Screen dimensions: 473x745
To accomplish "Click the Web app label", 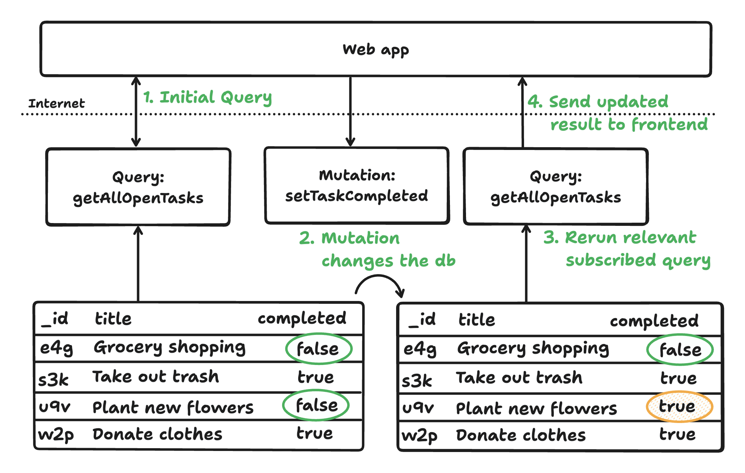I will click(x=375, y=50).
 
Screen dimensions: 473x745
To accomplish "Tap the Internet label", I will click(x=56, y=103).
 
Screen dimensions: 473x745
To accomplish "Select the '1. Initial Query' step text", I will click(x=207, y=97).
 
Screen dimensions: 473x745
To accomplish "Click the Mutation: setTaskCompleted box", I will click(x=357, y=186).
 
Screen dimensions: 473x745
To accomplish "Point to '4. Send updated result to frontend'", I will click(x=617, y=113).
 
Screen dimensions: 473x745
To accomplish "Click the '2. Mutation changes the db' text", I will click(x=378, y=249).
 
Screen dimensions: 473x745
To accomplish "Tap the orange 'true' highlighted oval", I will click(x=679, y=407).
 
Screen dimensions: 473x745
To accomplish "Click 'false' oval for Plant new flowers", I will click(x=316, y=406).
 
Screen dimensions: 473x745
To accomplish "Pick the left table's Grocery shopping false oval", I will click(x=318, y=349).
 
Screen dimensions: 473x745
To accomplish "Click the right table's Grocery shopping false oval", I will click(x=680, y=350).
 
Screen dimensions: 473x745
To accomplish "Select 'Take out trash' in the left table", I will click(x=156, y=377).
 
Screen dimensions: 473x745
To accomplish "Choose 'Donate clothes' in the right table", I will click(x=521, y=435).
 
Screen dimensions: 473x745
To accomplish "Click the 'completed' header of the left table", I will click(x=302, y=318).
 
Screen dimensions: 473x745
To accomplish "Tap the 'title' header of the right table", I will click(x=477, y=320).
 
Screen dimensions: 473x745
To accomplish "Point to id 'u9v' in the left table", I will click(x=55, y=407).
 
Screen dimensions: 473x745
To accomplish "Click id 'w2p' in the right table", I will click(x=419, y=436).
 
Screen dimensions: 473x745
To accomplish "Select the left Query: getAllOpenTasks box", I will click(x=138, y=187).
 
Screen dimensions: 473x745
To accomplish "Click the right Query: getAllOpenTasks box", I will click(x=556, y=187).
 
